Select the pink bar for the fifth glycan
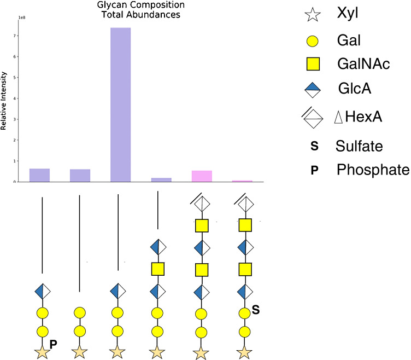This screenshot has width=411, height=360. pos(202,176)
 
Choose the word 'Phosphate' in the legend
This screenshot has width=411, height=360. pos(372,170)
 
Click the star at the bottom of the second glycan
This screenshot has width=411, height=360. pos(80,352)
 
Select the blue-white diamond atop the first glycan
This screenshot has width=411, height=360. pos(42,291)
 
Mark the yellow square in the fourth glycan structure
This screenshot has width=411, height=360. pos(157,269)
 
